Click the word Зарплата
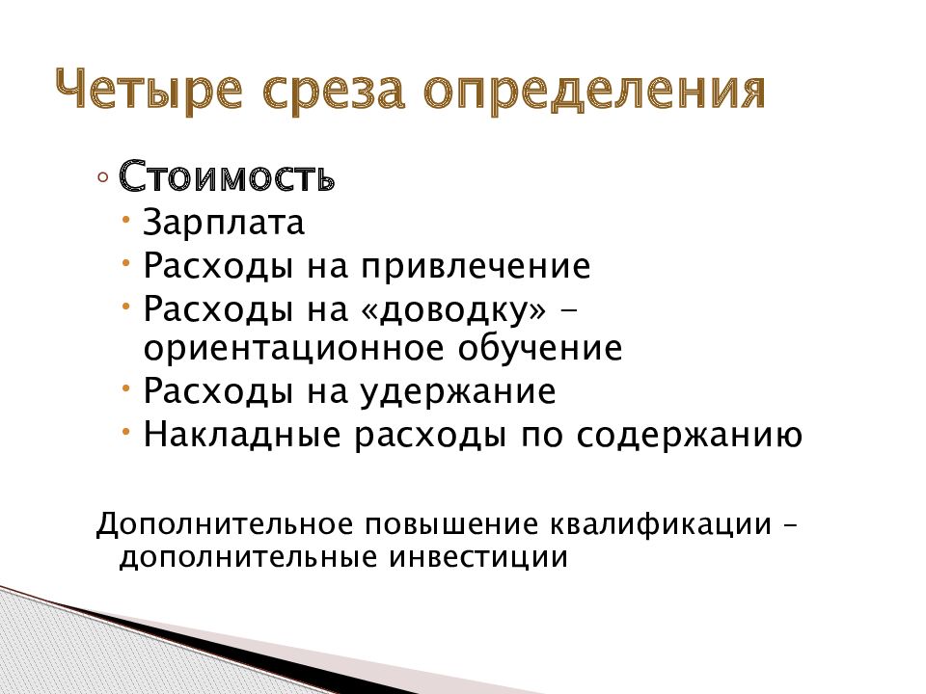point(224,224)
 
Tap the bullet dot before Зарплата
point(129,220)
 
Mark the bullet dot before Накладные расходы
point(129,430)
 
